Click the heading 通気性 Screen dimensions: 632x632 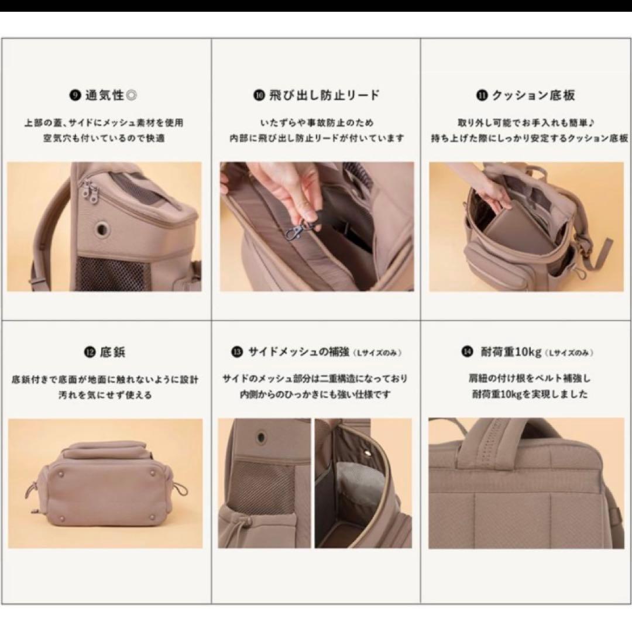click(x=105, y=95)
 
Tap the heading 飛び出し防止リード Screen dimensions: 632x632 click(x=324, y=95)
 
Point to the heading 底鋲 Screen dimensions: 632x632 click(x=112, y=352)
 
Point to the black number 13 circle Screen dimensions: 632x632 click(x=237, y=352)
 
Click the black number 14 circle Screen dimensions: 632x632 click(x=468, y=353)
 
